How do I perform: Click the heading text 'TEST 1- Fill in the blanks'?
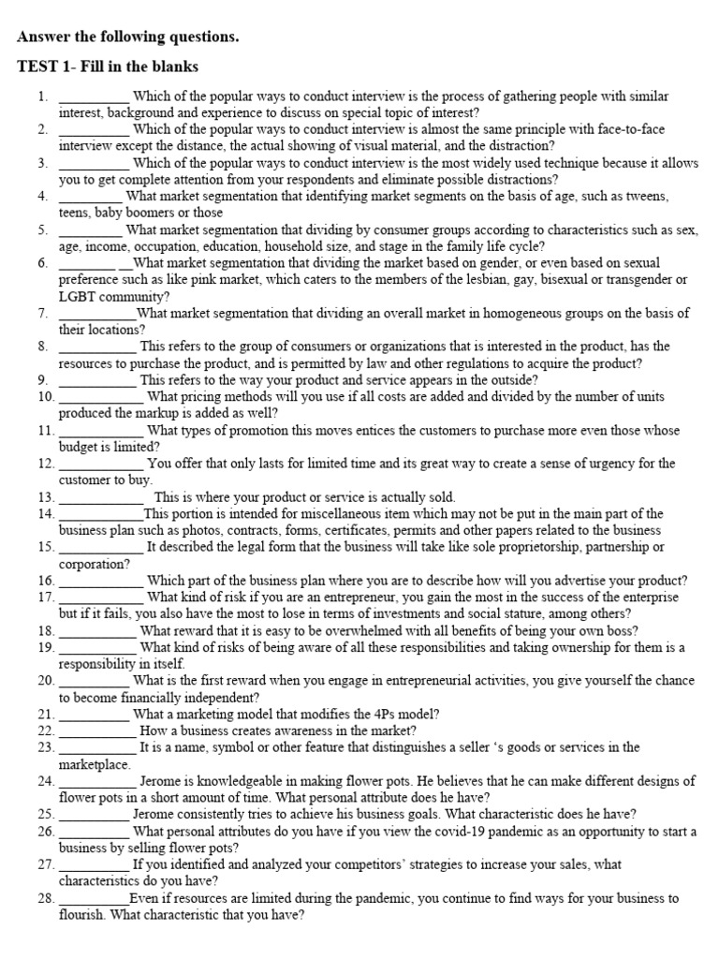click(x=108, y=66)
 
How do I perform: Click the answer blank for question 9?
click(x=96, y=380)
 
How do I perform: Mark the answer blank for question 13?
click(x=100, y=497)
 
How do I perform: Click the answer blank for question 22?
click(x=96, y=730)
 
